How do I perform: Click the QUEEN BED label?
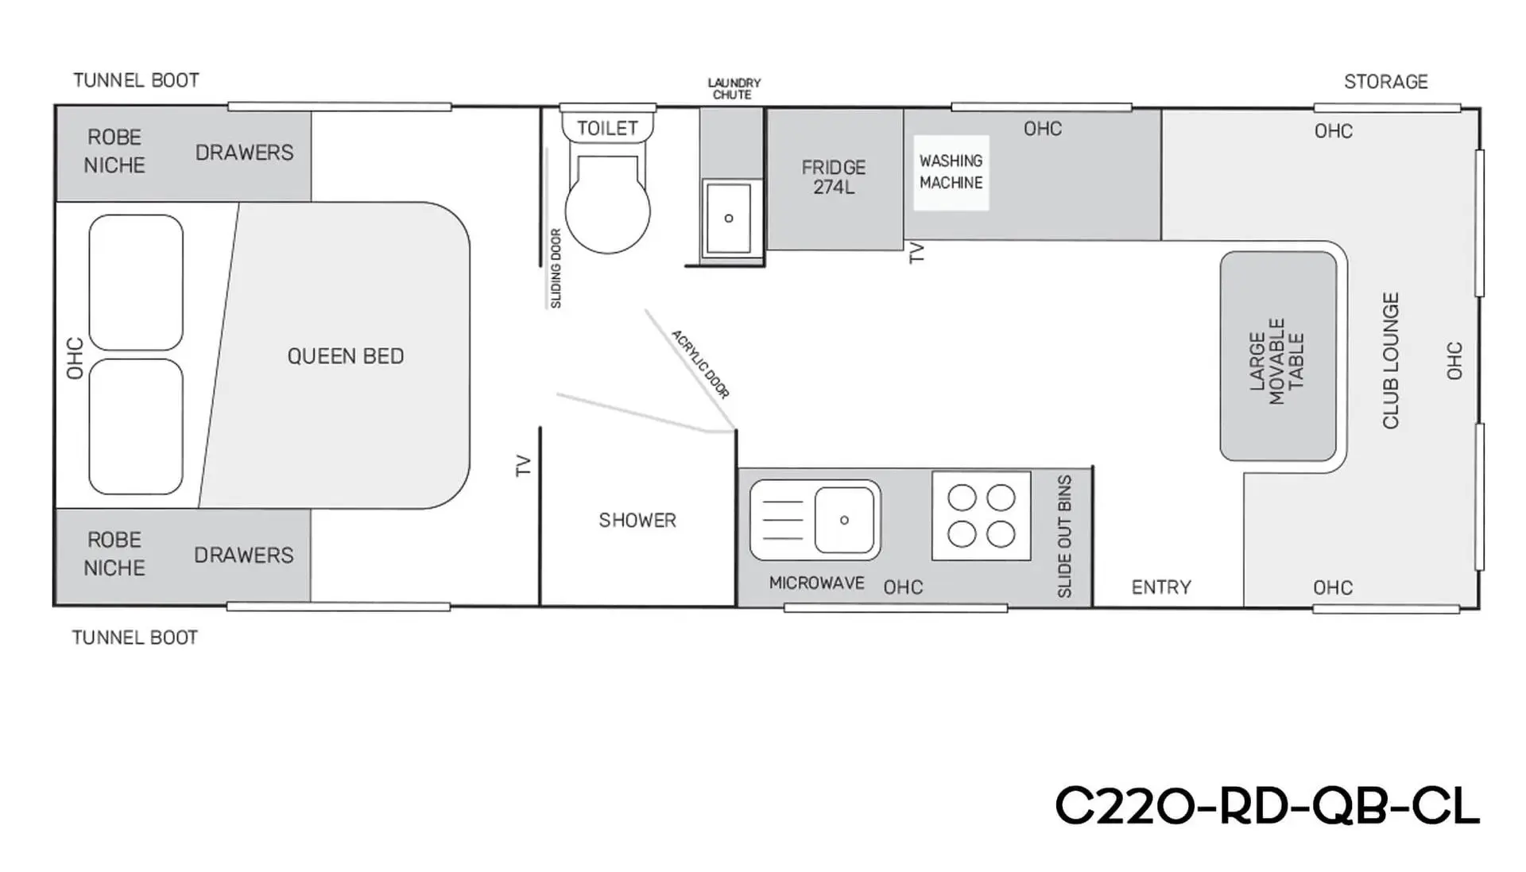click(346, 356)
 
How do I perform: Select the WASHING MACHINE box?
click(951, 172)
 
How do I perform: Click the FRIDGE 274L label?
click(834, 177)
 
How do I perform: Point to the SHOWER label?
click(637, 521)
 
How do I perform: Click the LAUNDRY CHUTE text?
click(734, 88)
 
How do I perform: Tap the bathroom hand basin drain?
click(729, 218)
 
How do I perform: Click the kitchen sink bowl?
click(844, 520)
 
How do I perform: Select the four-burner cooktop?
click(981, 516)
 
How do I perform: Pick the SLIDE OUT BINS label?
click(1065, 537)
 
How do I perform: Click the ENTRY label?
click(1161, 587)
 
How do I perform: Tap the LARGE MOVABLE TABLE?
click(1278, 356)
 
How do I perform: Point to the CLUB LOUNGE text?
click(1391, 361)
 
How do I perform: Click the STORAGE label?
click(1386, 82)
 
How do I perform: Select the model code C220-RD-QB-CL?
click(1267, 806)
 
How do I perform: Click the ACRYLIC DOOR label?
click(700, 364)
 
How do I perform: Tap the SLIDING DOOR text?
click(556, 269)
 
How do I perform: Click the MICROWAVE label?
click(816, 583)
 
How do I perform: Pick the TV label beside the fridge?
click(916, 253)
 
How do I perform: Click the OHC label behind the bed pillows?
click(75, 358)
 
